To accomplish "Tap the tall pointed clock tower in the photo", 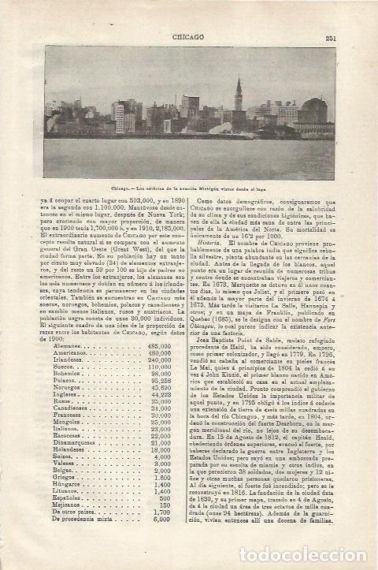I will pyautogui.click(x=239, y=99).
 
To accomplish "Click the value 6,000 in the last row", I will pyautogui.click(x=161, y=541).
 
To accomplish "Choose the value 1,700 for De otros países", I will pyautogui.click(x=161, y=534).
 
